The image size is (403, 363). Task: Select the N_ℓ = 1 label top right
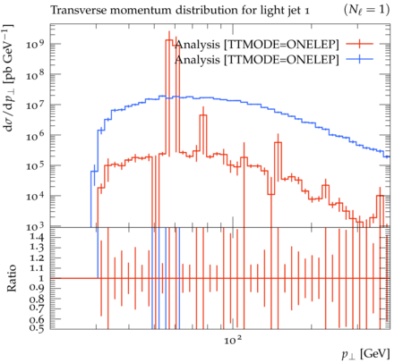pos(367,11)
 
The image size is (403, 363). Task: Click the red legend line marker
pos(360,44)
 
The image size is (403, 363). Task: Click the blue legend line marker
pos(360,60)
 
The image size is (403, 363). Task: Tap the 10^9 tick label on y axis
pos(35,44)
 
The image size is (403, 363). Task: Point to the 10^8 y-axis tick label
pos(35,74)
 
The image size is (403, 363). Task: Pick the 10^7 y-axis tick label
pos(35,105)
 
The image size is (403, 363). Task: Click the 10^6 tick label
pos(35,135)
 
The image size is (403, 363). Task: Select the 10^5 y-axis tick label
pos(35,165)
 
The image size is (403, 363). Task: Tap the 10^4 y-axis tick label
pos(35,196)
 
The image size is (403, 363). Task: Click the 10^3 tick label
pos(35,226)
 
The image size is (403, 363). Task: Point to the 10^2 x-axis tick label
pos(233,340)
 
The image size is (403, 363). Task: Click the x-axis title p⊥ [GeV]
pos(366,354)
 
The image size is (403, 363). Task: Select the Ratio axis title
pos(12,278)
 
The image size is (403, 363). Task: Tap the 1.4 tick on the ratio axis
pos(37,238)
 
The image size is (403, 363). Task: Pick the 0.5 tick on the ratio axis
pos(37,328)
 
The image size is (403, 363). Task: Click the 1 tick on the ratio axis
pos(41,278)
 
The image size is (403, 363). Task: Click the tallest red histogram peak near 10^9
pos(169,40)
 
